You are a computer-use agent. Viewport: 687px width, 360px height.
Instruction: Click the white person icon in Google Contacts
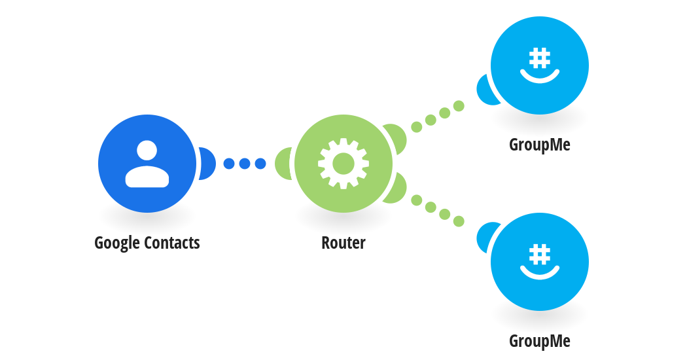[147, 164]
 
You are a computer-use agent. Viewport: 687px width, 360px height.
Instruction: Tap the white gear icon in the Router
[343, 164]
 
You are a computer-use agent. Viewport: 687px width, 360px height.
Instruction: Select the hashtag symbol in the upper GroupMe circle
[540, 58]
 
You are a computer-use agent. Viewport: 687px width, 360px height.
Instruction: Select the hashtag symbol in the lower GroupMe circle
[540, 255]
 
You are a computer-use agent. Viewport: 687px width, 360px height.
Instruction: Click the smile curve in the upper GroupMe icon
[540, 79]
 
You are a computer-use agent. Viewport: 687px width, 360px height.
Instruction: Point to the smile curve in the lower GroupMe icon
[540, 276]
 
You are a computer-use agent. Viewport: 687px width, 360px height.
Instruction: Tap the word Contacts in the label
[172, 243]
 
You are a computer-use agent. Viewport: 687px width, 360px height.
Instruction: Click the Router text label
[343, 243]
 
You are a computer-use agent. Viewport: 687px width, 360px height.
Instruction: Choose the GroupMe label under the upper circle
[540, 145]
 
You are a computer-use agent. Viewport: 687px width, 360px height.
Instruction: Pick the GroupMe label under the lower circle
[540, 342]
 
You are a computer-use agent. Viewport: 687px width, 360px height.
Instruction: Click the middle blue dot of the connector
[245, 164]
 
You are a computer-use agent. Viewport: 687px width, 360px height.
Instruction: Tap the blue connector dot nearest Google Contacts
[229, 164]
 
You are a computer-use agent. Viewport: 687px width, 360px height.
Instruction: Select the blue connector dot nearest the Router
[260, 164]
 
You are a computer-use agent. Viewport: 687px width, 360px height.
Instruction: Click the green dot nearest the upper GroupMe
[459, 105]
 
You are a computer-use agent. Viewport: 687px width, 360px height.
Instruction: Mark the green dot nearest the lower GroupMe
[459, 221]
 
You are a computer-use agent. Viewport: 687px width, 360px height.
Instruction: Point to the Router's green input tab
[283, 164]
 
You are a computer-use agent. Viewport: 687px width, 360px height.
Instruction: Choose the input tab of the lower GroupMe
[485, 237]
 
